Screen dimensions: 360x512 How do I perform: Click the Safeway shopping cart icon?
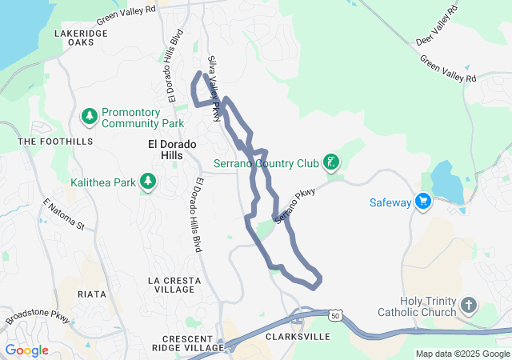[423, 202]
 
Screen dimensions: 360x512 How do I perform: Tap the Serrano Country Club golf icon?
[330, 164]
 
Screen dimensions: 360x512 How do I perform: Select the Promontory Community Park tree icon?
[90, 118]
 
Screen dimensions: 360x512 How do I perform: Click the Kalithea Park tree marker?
[147, 182]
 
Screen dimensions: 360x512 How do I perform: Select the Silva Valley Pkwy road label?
[214, 89]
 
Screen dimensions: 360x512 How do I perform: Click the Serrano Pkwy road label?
[295, 206]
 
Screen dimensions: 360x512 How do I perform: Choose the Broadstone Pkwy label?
[36, 318]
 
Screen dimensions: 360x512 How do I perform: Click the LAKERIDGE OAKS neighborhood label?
[79, 39]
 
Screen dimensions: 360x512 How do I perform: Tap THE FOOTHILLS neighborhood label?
[55, 141]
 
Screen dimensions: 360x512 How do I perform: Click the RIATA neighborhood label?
[91, 294]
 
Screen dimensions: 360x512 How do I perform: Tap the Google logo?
[26, 350]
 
